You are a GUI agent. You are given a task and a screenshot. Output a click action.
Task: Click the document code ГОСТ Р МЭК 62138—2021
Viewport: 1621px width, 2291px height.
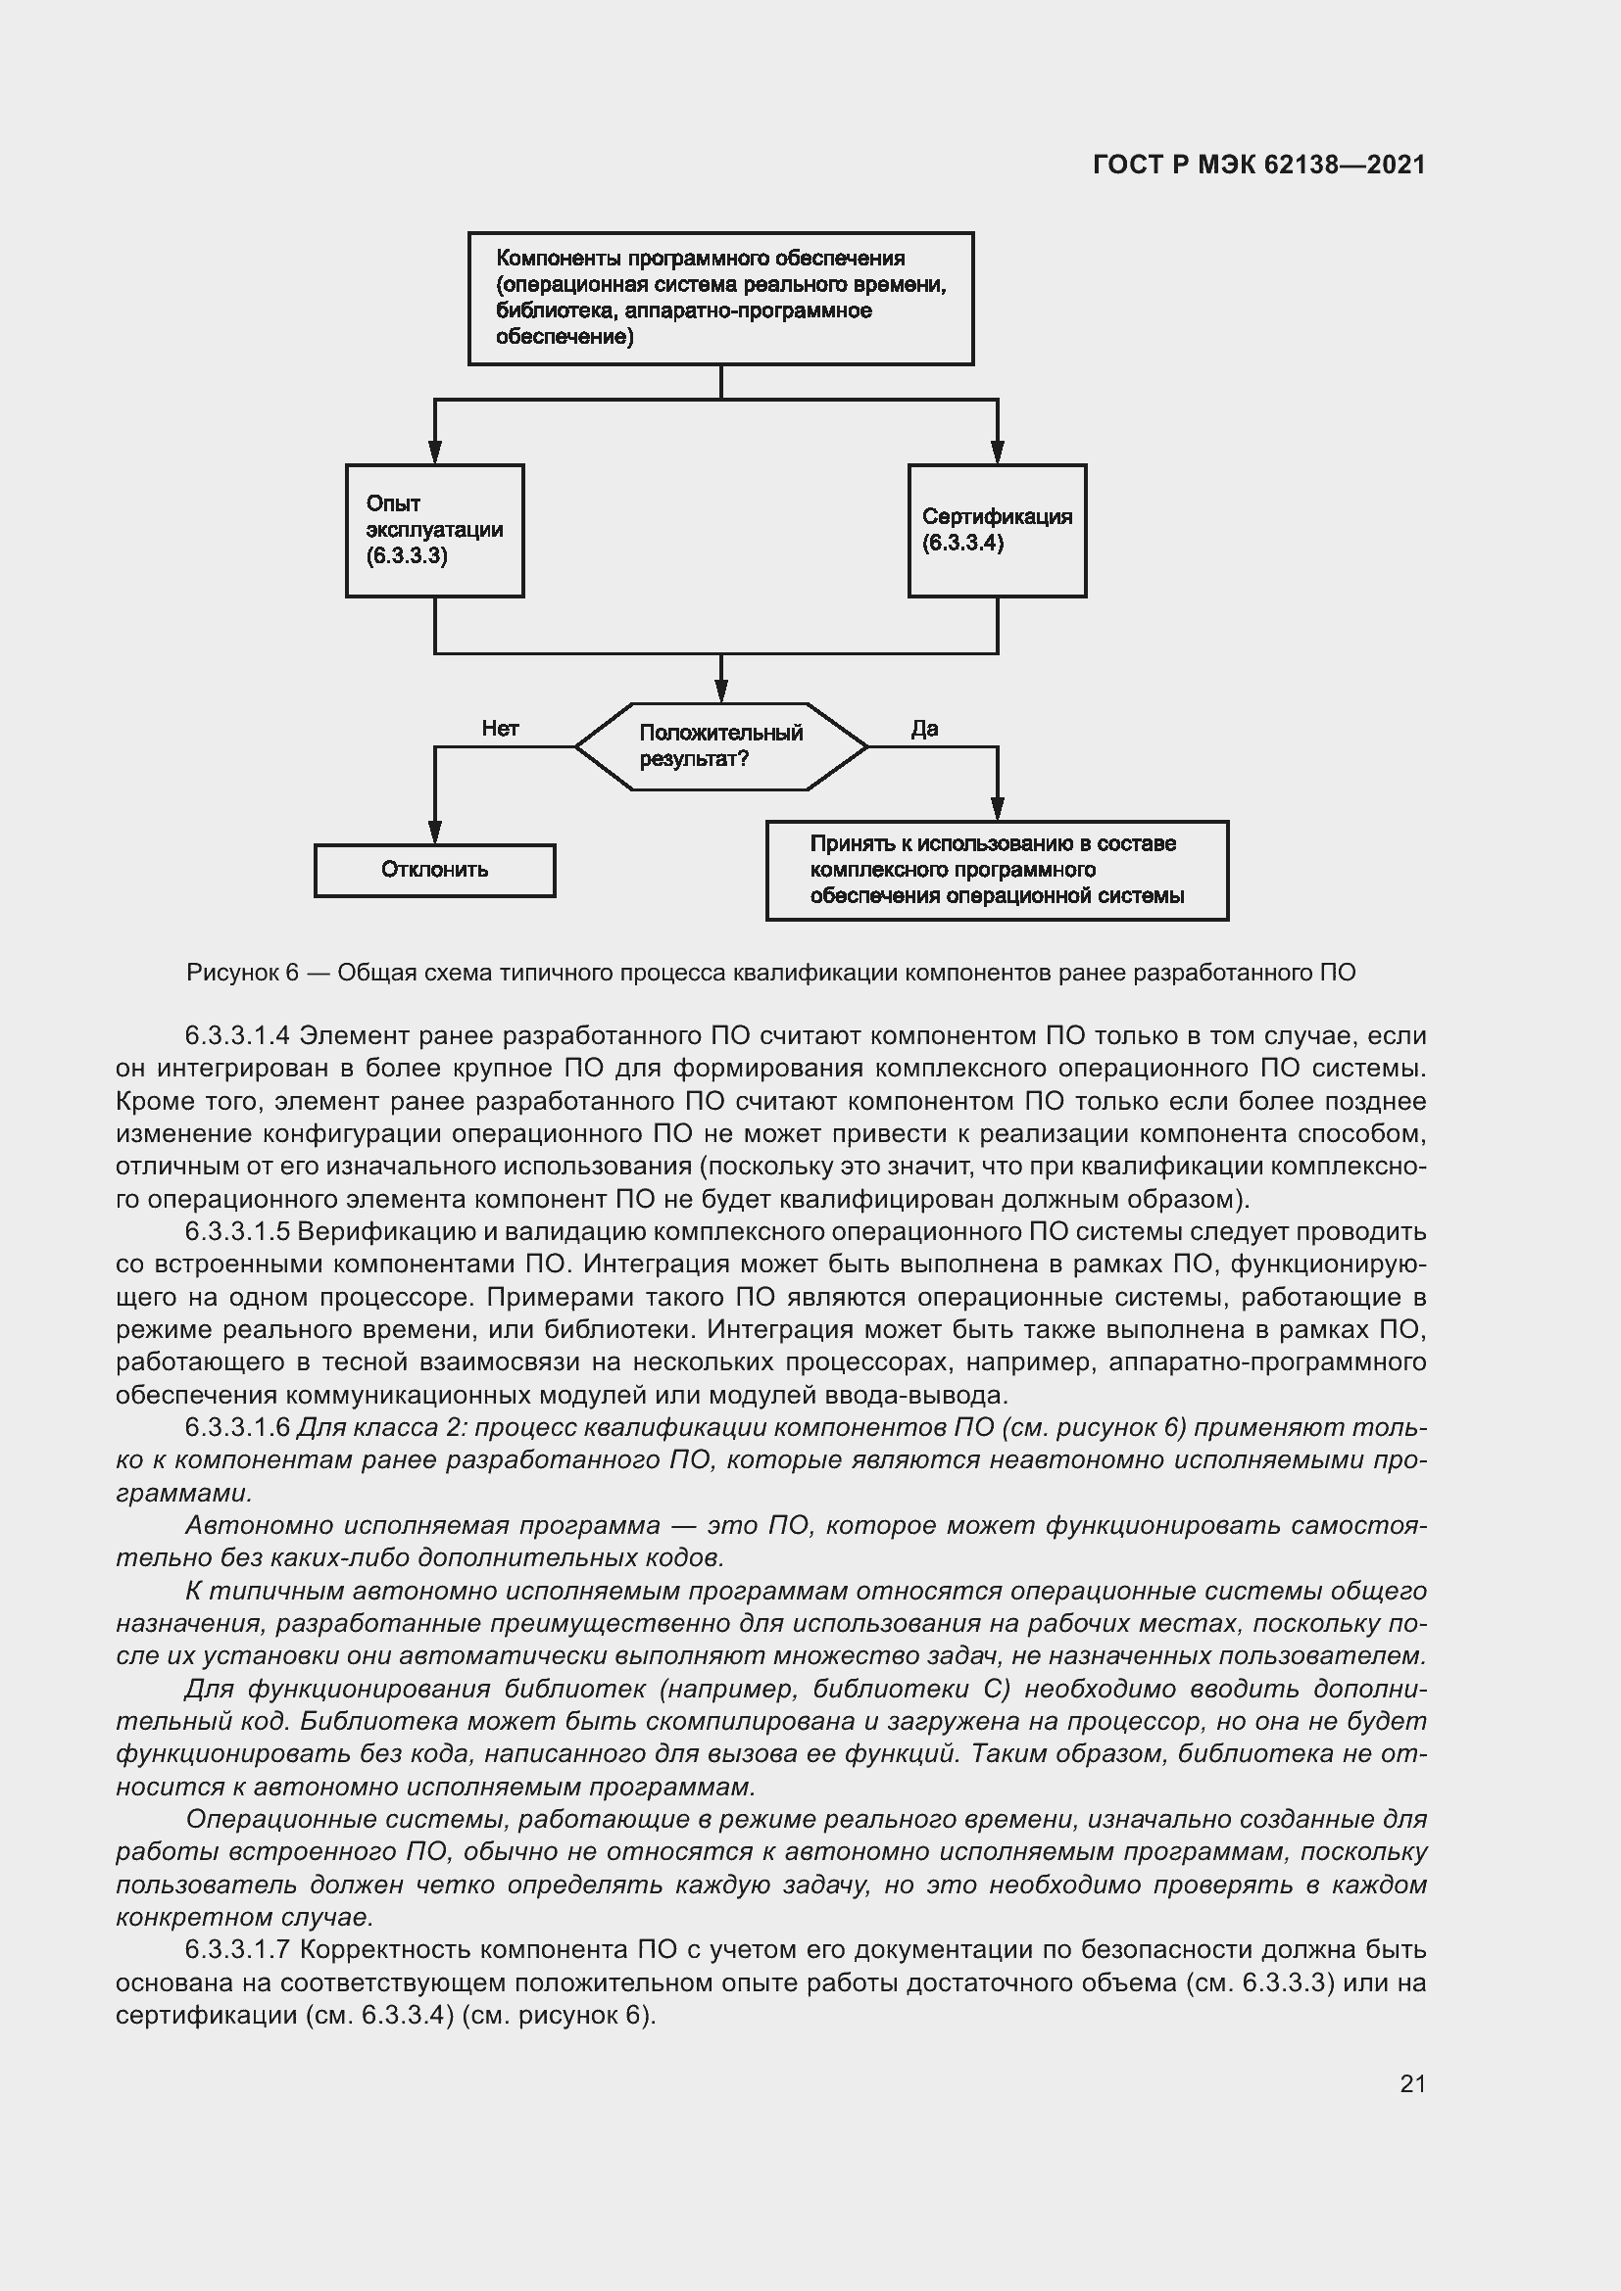coord(1258,165)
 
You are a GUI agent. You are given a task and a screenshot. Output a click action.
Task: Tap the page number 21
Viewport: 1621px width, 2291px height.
coord(1412,2083)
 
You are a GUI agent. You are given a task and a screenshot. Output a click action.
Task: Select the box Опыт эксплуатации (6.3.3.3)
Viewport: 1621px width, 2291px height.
coord(434,530)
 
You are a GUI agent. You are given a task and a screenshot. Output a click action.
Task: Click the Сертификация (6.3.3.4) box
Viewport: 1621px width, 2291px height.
coord(996,530)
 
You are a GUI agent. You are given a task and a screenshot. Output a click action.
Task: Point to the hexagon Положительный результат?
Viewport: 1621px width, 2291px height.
coord(720,746)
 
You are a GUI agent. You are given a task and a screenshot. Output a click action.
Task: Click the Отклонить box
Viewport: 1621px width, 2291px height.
coord(434,870)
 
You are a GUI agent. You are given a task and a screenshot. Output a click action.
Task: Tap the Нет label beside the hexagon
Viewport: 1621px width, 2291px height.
coord(500,729)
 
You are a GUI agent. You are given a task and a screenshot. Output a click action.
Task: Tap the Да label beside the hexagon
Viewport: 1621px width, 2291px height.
coord(924,729)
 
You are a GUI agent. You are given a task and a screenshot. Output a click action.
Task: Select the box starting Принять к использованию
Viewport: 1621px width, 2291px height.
coord(996,870)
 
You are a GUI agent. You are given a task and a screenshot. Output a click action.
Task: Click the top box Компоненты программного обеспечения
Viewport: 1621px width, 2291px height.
coord(720,299)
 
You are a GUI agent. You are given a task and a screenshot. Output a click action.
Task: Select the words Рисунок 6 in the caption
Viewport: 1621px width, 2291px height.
coord(242,973)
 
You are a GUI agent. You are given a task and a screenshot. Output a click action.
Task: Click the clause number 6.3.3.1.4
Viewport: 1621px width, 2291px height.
coord(236,1035)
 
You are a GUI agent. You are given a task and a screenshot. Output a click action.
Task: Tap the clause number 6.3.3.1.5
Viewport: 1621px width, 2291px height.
coord(236,1232)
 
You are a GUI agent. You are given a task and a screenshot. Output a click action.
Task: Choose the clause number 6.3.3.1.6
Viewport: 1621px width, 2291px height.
coord(236,1428)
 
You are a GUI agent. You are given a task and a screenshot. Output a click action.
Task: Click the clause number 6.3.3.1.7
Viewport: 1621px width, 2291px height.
coord(236,1950)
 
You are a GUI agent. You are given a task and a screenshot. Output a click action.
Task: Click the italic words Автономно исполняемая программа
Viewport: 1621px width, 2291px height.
coord(422,1526)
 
